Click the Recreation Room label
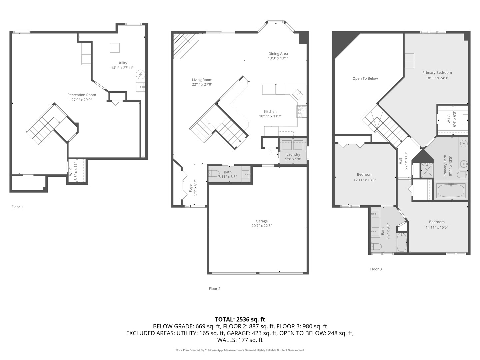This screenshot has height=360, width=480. (82, 95)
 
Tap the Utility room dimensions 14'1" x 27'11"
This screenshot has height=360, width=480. (122, 68)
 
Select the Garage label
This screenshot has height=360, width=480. (262, 221)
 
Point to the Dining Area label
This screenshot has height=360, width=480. (278, 54)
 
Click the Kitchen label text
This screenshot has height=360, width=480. (270, 112)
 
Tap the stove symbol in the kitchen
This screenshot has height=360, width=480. (301, 112)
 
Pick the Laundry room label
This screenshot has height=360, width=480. (293, 154)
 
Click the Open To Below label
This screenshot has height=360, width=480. (365, 79)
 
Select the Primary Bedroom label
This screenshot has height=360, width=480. (437, 73)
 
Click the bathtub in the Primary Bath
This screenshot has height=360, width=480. (451, 191)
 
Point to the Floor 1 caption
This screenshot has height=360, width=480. (17, 207)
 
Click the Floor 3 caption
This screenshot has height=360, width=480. (376, 269)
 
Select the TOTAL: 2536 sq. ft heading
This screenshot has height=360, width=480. (240, 319)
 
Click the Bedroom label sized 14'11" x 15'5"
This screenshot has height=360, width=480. (437, 222)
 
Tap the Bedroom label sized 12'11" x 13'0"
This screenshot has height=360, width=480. (365, 175)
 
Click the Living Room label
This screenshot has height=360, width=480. (202, 80)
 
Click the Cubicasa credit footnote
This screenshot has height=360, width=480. (240, 350)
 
